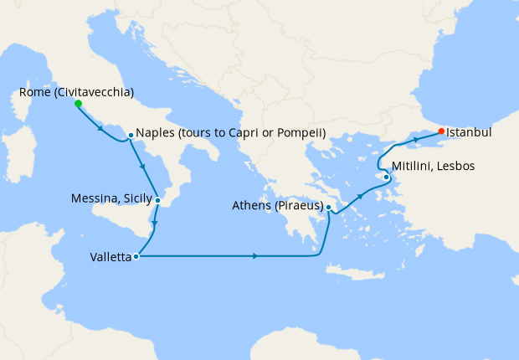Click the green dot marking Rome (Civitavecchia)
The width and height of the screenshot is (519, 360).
[78, 104]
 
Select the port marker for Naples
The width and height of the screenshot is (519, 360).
[131, 135]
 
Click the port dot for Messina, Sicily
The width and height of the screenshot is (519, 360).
[157, 200]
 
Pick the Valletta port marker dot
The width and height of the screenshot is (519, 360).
[136, 257]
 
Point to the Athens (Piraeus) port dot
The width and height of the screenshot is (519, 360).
[329, 207]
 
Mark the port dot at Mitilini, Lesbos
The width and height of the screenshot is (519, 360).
[386, 177]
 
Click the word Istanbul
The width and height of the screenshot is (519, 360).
[469, 132]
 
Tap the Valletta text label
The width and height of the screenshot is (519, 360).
[110, 258]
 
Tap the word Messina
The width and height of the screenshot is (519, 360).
[95, 199]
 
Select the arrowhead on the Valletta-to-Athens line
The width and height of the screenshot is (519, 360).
[254, 255]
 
